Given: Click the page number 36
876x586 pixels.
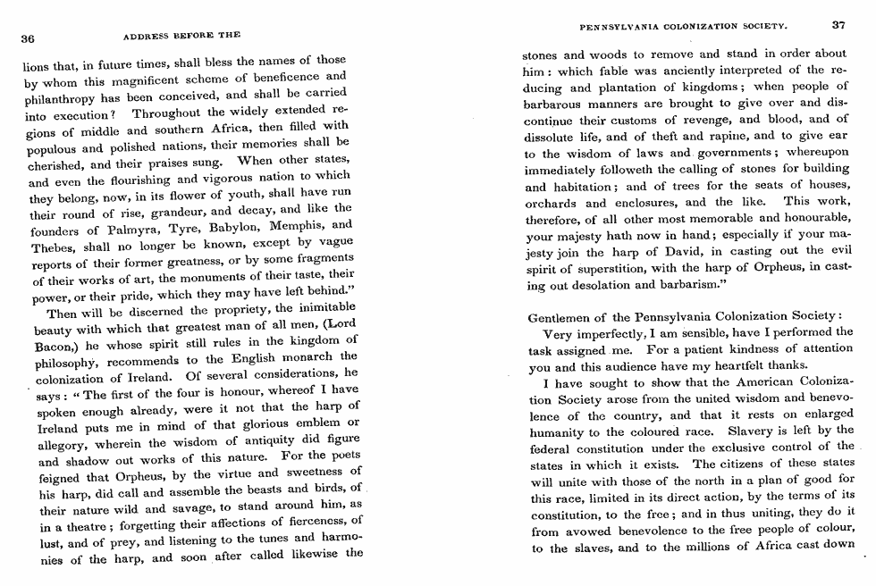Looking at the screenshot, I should (28, 38).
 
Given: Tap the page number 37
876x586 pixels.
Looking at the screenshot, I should (838, 24).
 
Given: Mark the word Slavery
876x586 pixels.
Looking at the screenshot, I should (746, 430).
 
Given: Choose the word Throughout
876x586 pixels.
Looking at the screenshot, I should (173, 113).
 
